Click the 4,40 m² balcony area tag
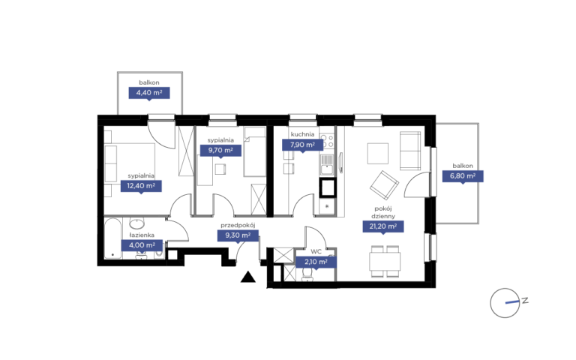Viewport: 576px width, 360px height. pos(149,93)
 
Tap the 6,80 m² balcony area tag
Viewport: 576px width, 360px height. pos(463,176)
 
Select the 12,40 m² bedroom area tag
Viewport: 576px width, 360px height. pos(141,186)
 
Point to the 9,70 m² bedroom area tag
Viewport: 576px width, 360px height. pos(220,150)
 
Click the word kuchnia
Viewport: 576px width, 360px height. pos(302,134)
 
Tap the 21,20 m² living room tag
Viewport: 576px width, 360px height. pos(383,226)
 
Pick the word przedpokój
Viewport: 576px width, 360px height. pos(238,226)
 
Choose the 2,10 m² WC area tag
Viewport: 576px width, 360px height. pos(316,262)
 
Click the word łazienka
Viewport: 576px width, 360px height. pos(142,235)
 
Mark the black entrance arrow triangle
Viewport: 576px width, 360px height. pos(248,277)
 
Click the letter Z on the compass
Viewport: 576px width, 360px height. pos(525,300)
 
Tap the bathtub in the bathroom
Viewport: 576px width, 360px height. pos(112,238)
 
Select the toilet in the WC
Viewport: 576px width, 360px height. pos(307,274)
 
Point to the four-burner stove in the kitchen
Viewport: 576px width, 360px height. pos(327,141)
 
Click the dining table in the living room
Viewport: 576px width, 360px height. pos(385,261)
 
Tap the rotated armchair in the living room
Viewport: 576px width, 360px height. pos(384,185)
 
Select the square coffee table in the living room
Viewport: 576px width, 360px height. pos(378,154)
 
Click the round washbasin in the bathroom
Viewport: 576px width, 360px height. pos(136,223)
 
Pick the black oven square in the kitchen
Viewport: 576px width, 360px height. pos(327,187)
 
